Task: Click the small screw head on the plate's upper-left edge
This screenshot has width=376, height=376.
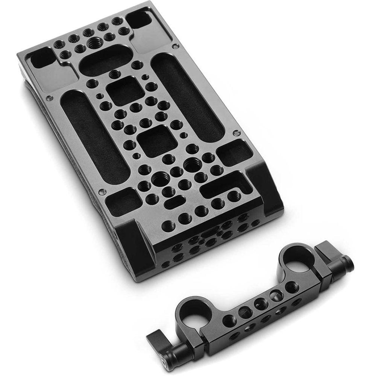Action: coord(49,99)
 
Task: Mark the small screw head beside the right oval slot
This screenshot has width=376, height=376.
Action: coord(236,133)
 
